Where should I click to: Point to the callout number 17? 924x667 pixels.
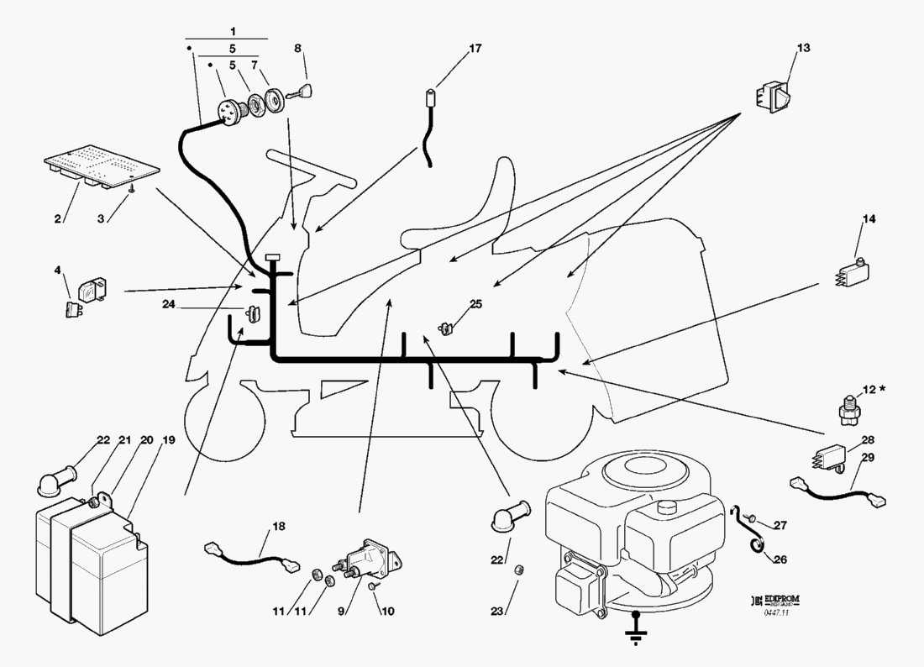click(475, 49)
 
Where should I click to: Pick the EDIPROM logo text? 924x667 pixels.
click(779, 600)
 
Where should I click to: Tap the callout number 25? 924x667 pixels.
click(476, 304)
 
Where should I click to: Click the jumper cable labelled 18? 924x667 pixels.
click(250, 556)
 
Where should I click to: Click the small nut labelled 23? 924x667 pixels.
click(518, 570)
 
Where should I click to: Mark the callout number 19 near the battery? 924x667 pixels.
click(169, 440)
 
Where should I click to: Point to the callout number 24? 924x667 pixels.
click(169, 304)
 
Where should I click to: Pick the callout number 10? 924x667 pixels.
click(387, 612)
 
